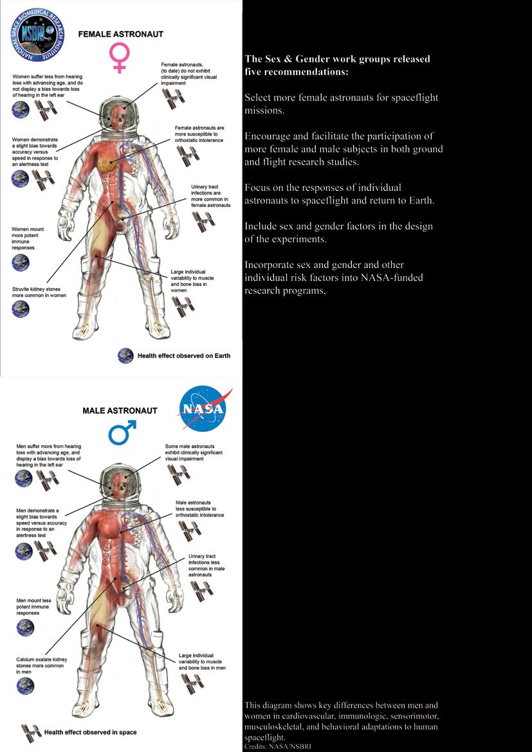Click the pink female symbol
click(x=120, y=57)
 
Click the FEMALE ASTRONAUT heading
click(x=121, y=34)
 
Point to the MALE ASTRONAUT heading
click(x=120, y=411)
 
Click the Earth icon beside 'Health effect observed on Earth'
click(x=125, y=355)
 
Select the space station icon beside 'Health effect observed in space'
click(x=31, y=732)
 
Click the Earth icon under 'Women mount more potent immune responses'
click(x=21, y=262)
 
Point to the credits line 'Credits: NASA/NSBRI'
click(x=282, y=747)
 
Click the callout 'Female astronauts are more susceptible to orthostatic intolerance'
click(x=199, y=134)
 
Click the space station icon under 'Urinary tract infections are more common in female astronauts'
click(x=203, y=219)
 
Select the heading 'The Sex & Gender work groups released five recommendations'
click(x=337, y=66)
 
